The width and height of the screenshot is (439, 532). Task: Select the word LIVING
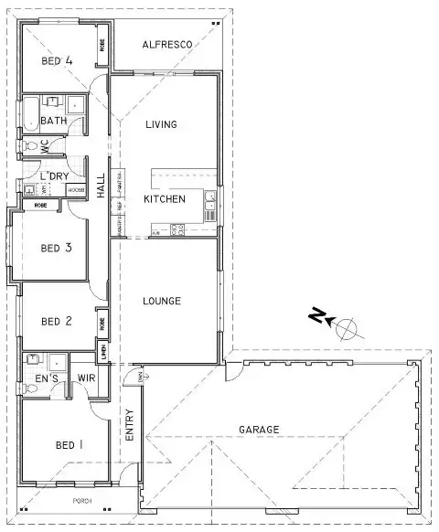160,124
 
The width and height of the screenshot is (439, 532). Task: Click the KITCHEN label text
165,199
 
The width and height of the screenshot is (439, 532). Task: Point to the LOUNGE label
162,301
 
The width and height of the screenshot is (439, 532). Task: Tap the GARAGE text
259,430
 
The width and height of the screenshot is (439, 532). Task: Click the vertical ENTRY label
129,425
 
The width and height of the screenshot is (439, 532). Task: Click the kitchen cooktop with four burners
177,229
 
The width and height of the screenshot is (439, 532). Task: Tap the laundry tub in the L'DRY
30,190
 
